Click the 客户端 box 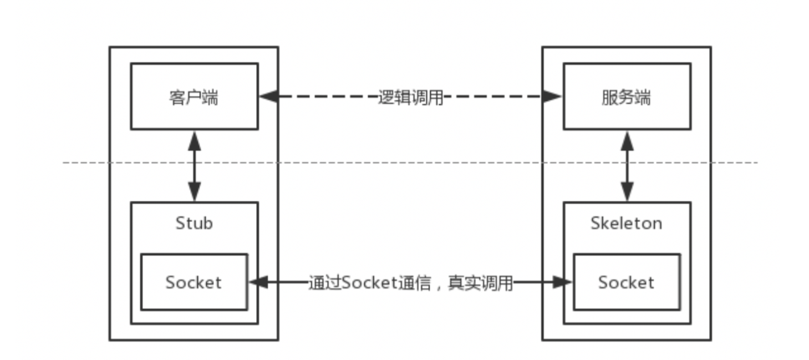pyautogui.click(x=194, y=97)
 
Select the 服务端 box pyautogui.click(x=627, y=97)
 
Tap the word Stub pyautogui.click(x=194, y=223)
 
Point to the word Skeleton pyautogui.click(x=626, y=223)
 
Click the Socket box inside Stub pyautogui.click(x=194, y=282)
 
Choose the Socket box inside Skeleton pyautogui.click(x=626, y=282)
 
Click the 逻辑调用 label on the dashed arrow pyautogui.click(x=410, y=97)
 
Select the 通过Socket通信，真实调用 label pyautogui.click(x=410, y=283)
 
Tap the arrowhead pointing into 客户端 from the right pyautogui.click(x=269, y=97)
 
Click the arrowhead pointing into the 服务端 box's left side pyautogui.click(x=552, y=97)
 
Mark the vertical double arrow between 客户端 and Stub pyautogui.click(x=194, y=165)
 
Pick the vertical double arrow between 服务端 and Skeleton pyautogui.click(x=627, y=165)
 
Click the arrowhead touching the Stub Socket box pyautogui.click(x=258, y=282)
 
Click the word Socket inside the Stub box pyautogui.click(x=194, y=282)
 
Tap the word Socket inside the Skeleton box pyautogui.click(x=626, y=282)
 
